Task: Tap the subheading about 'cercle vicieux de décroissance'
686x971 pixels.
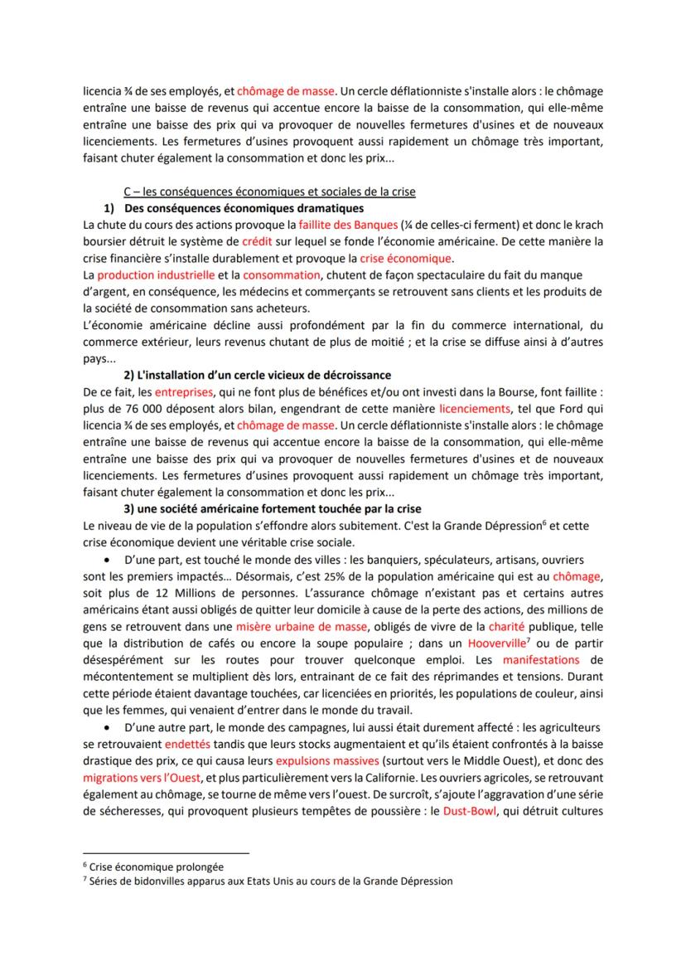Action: pyautogui.click(x=257, y=376)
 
